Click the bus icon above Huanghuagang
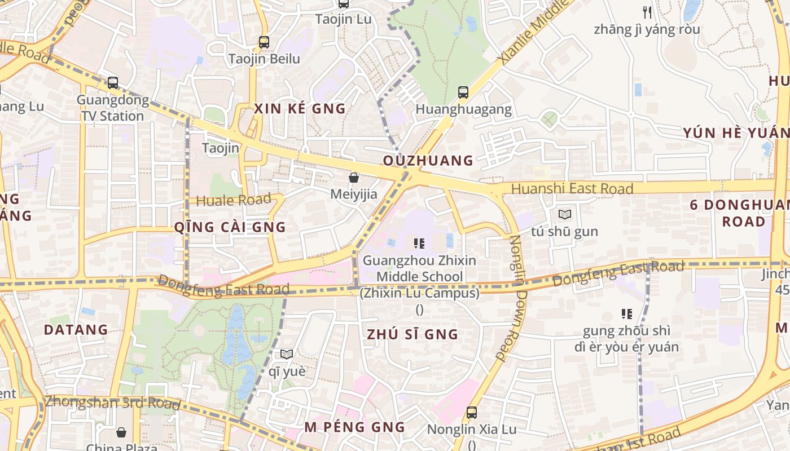point(463,92)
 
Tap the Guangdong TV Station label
point(113,108)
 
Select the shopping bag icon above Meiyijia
point(354,178)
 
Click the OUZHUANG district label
point(428,161)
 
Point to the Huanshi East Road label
point(572,188)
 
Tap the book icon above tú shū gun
point(565,214)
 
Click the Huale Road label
point(234,200)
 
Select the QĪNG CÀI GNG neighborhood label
point(230,227)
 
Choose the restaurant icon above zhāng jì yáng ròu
point(647,12)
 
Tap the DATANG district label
point(76,330)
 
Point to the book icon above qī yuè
point(287,354)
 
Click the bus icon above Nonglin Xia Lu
point(472,413)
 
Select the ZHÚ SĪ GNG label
point(412,334)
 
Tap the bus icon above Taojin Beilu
point(264,42)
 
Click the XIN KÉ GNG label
point(300,109)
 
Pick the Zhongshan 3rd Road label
point(113,403)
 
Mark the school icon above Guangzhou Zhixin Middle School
point(419,244)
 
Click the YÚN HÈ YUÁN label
point(736,133)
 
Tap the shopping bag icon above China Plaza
point(121,432)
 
